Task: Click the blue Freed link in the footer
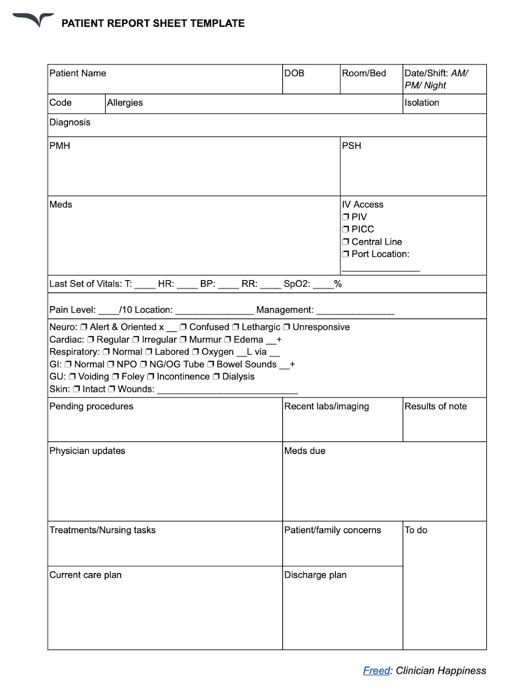(376, 670)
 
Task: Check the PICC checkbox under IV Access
(345, 229)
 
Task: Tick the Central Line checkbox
(345, 242)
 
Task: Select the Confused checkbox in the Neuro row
(183, 327)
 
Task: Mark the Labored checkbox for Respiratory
(149, 352)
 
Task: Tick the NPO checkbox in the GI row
(111, 364)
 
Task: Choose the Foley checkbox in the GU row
(115, 376)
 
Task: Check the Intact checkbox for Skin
(76, 389)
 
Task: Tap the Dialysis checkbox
(216, 376)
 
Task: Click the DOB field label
(294, 73)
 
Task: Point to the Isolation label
(422, 103)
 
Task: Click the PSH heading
(352, 146)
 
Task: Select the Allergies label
(125, 103)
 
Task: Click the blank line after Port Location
(381, 269)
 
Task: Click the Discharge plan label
(315, 575)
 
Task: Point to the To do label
(416, 530)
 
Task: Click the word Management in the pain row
(284, 310)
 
